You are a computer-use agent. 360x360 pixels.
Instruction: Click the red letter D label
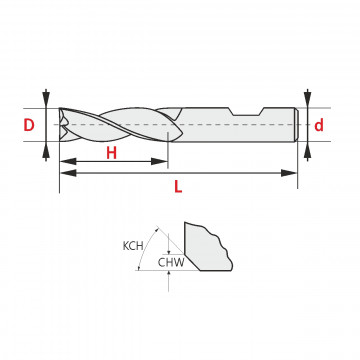click(x=29, y=125)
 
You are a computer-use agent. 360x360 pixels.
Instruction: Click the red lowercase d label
click(x=319, y=125)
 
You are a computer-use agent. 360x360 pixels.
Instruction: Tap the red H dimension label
click(x=112, y=153)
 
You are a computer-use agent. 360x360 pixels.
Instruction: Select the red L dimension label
click(x=178, y=187)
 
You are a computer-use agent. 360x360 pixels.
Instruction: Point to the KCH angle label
click(x=133, y=246)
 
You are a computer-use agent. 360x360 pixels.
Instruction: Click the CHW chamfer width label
click(x=171, y=263)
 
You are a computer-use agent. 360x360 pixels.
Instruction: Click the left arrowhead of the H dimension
click(x=68, y=162)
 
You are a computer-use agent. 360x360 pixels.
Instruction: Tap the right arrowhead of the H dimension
click(x=159, y=162)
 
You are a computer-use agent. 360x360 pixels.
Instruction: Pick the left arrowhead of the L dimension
click(x=68, y=173)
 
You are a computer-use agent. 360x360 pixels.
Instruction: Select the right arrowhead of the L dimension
click(x=289, y=173)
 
